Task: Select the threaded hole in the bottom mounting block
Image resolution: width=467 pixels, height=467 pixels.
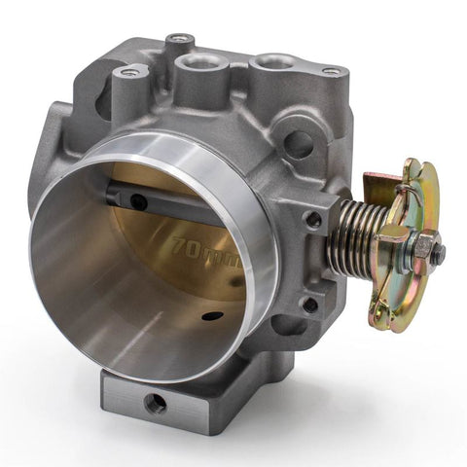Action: pyautogui.click(x=155, y=401)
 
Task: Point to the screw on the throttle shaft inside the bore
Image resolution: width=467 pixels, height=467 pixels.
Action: pyautogui.click(x=139, y=201)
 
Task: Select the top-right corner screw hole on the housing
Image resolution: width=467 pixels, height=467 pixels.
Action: pyautogui.click(x=332, y=72)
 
